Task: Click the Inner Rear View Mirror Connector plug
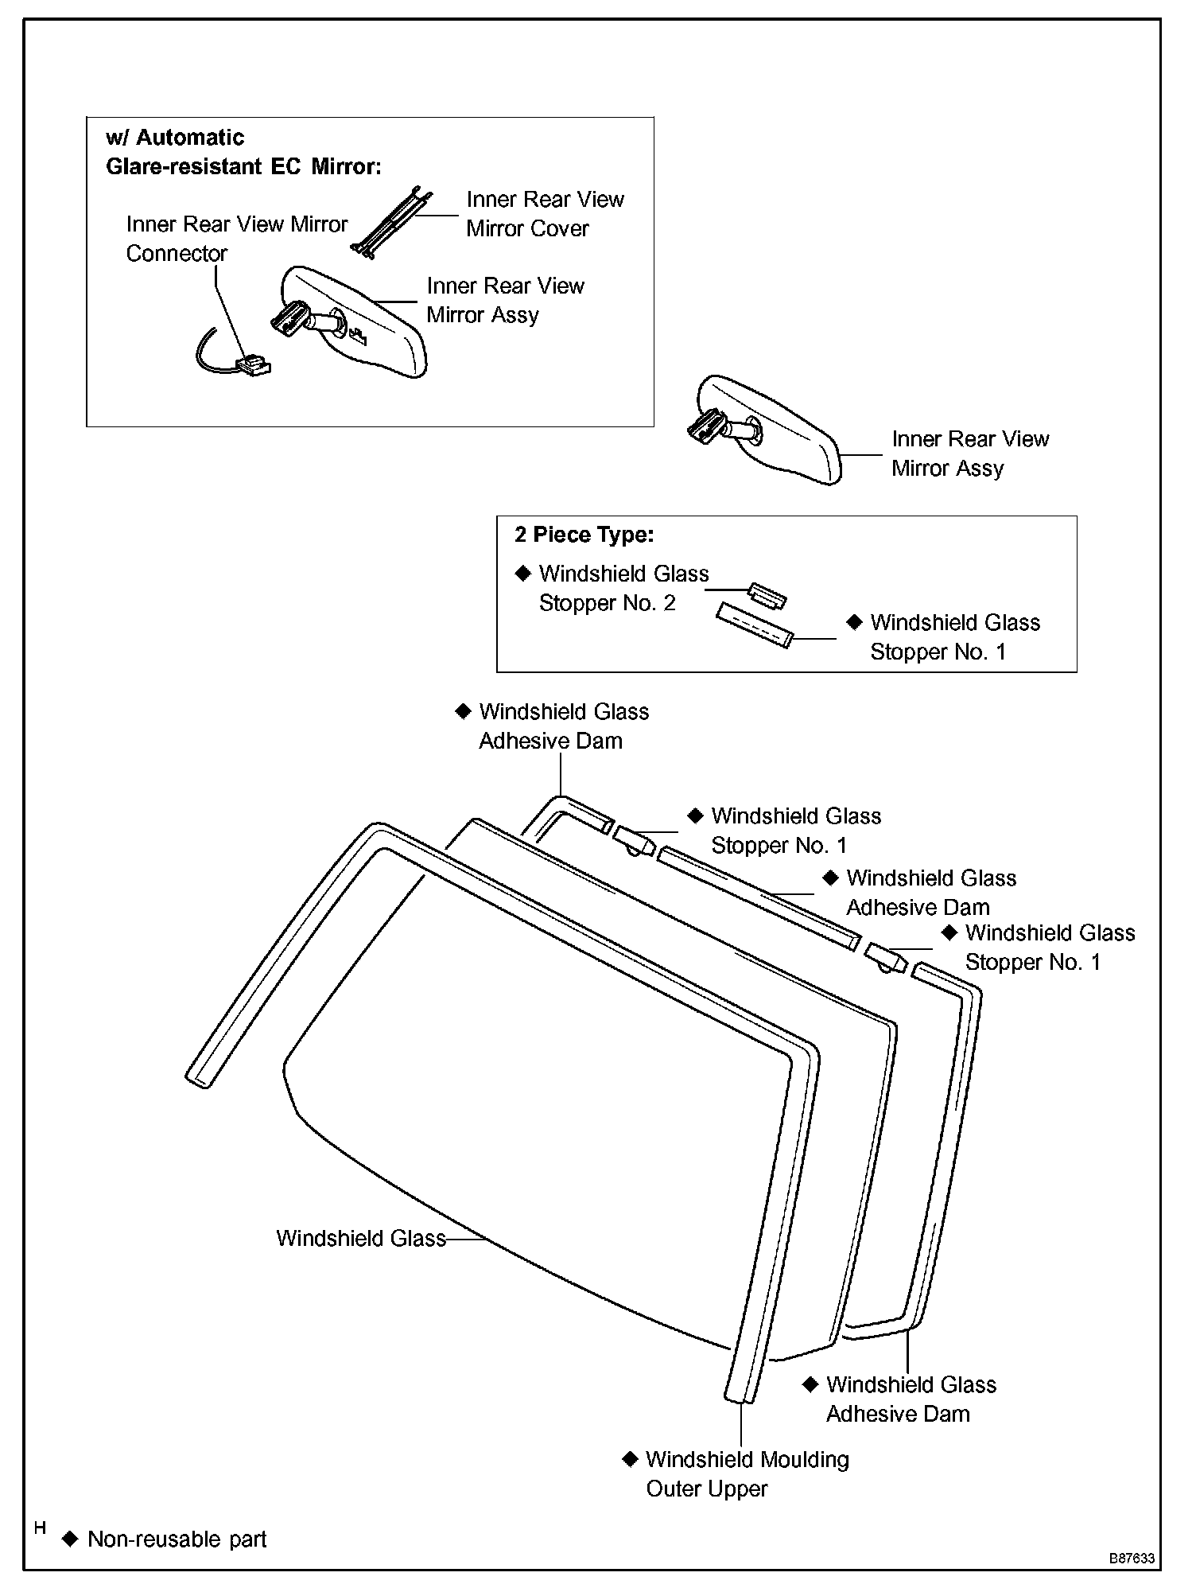pyautogui.click(x=253, y=366)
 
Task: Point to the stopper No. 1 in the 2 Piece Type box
pyautogui.click(x=754, y=625)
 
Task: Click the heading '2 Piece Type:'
pyautogui.click(x=584, y=535)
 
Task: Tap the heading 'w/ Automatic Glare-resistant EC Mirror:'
pyautogui.click(x=243, y=152)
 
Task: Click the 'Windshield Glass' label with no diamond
pyautogui.click(x=360, y=1238)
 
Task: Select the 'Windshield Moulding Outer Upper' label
pyautogui.click(x=747, y=1473)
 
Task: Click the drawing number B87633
pyautogui.click(x=1132, y=1559)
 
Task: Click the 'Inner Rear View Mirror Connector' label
pyautogui.click(x=236, y=239)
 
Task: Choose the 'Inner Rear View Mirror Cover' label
pyautogui.click(x=545, y=213)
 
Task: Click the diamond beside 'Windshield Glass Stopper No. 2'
pyautogui.click(x=522, y=573)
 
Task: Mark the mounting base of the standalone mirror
pyautogui.click(x=703, y=430)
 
